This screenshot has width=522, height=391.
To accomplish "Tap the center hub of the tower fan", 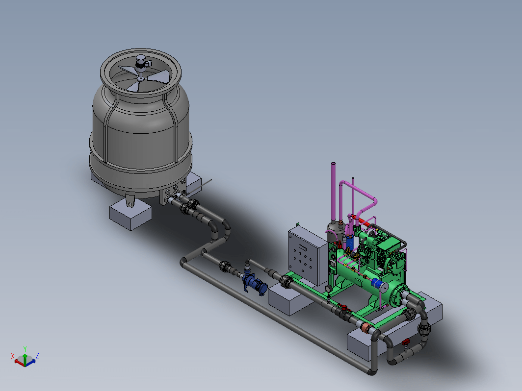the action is (x=141, y=78).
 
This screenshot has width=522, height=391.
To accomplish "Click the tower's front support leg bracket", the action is (x=130, y=201).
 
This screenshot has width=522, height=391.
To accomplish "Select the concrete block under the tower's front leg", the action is (x=130, y=215).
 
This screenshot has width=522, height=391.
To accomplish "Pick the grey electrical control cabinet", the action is (x=308, y=255).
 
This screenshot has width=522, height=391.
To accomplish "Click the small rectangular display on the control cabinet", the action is (x=303, y=247).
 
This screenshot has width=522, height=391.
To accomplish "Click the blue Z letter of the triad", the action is (x=37, y=356).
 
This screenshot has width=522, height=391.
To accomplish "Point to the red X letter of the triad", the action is (x=13, y=356).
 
